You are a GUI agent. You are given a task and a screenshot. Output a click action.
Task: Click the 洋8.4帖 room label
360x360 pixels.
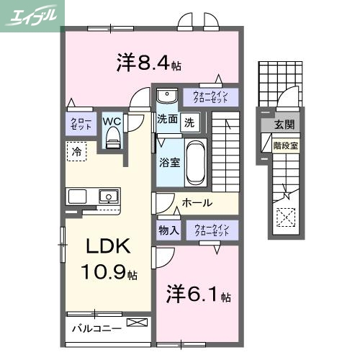[148, 63]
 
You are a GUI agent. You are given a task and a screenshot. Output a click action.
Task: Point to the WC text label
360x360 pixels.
[112, 120]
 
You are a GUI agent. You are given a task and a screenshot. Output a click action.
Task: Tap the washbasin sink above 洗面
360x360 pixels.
[167, 96]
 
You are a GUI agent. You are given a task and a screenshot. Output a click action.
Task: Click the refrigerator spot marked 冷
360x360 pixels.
[76, 151]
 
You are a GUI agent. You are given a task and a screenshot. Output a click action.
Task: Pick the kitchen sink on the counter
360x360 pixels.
[109, 195]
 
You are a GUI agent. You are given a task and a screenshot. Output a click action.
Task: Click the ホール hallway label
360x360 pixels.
[196, 203]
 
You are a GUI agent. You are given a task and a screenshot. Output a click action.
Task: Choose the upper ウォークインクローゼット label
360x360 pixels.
[210, 96]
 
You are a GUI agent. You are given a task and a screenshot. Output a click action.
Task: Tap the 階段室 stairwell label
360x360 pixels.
[286, 145]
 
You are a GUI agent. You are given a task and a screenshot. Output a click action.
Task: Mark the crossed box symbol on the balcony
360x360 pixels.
[135, 323]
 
